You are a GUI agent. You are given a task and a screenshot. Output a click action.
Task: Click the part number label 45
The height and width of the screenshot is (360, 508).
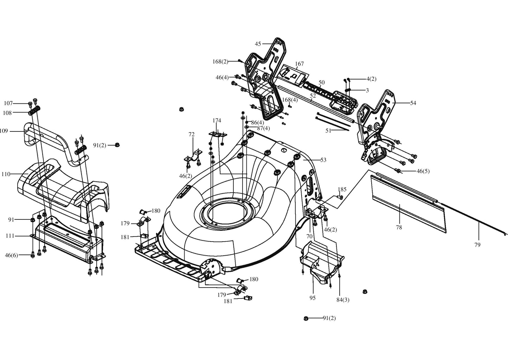pyautogui.click(x=258, y=44)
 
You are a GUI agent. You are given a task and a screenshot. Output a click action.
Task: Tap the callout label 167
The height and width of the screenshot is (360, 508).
pyautogui.click(x=299, y=64)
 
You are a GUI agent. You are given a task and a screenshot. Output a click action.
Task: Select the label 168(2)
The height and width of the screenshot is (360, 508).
pyautogui.click(x=220, y=62)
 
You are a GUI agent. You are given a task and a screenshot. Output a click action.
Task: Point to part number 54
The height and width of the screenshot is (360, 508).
pyautogui.click(x=413, y=103)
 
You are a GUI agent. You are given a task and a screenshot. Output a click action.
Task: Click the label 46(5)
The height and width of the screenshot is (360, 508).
pyautogui.click(x=423, y=171)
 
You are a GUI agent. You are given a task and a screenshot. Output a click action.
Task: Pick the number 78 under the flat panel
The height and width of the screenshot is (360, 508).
pyautogui.click(x=399, y=227)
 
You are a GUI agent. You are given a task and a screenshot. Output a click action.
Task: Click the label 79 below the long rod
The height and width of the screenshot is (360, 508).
pyautogui.click(x=477, y=245)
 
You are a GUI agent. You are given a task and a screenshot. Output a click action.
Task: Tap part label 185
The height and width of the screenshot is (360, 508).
pyautogui.click(x=342, y=189)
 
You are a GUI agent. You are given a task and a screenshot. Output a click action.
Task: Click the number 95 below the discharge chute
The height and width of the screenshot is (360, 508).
pyautogui.click(x=313, y=298)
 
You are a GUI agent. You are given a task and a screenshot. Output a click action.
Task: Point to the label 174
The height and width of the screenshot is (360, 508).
pyautogui.click(x=217, y=121)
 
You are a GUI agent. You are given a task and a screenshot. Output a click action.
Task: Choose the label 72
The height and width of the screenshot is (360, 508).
pyautogui.click(x=191, y=134)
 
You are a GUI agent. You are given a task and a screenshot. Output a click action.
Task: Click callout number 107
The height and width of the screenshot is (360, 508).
pyautogui.click(x=8, y=103)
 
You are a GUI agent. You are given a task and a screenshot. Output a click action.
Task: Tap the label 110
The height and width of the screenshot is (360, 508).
pyautogui.click(x=6, y=174)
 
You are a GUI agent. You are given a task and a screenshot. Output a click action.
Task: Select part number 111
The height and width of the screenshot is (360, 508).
pyautogui.click(x=10, y=236)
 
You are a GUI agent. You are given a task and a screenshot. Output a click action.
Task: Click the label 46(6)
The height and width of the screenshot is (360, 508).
pyautogui.click(x=12, y=255)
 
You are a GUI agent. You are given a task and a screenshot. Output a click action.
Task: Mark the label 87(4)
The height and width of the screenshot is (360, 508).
pyautogui.click(x=263, y=128)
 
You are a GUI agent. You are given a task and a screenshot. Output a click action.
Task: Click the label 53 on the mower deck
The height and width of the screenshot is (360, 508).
pyautogui.click(x=323, y=160)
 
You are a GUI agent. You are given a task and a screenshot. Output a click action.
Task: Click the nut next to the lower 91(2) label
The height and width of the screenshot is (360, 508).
pyautogui.click(x=306, y=319)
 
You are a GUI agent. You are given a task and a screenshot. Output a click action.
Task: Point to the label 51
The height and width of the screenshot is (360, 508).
pyautogui.click(x=328, y=130)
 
